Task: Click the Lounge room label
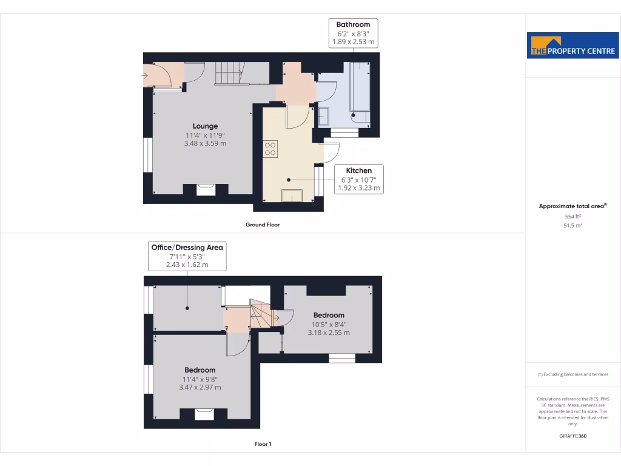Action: [206, 126]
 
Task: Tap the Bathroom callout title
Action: [353, 24]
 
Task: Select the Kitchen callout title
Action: [359, 171]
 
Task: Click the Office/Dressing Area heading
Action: [187, 248]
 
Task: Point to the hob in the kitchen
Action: [270, 149]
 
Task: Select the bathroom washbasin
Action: [324, 115]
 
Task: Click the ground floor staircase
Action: [229, 73]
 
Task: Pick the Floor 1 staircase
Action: [260, 314]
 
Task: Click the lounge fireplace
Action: [206, 189]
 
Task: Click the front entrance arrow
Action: [145, 76]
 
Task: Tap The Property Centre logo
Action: [573, 47]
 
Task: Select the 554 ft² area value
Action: [572, 216]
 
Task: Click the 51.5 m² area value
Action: [572, 225]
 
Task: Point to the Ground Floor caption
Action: [263, 225]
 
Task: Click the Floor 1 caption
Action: [263, 445]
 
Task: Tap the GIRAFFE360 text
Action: [572, 436]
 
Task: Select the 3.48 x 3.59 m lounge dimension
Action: [206, 144]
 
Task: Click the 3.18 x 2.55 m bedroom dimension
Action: [329, 333]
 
